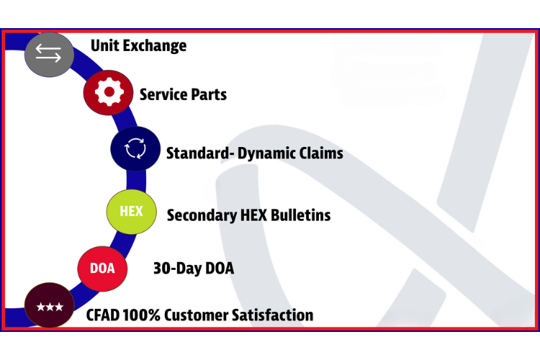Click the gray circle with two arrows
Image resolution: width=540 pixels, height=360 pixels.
coord(49,55)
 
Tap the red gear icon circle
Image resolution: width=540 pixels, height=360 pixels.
coord(108,92)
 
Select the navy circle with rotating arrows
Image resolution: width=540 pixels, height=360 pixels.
coord(135,148)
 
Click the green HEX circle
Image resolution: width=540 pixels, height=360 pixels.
coord(131,212)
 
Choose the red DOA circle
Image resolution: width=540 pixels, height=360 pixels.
coord(102,269)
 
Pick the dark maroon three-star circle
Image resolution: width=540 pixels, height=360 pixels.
coord(50,305)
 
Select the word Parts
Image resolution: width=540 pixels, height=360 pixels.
coord(209,94)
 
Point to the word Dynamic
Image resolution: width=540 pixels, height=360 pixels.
coord(266,153)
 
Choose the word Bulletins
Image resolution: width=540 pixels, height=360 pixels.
coord(301,215)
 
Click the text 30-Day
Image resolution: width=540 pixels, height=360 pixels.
coord(177,269)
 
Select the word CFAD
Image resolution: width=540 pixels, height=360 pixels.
coord(103,315)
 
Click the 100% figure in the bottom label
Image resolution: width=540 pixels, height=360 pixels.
coord(141,315)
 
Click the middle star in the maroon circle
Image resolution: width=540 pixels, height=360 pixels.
coord(50,306)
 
